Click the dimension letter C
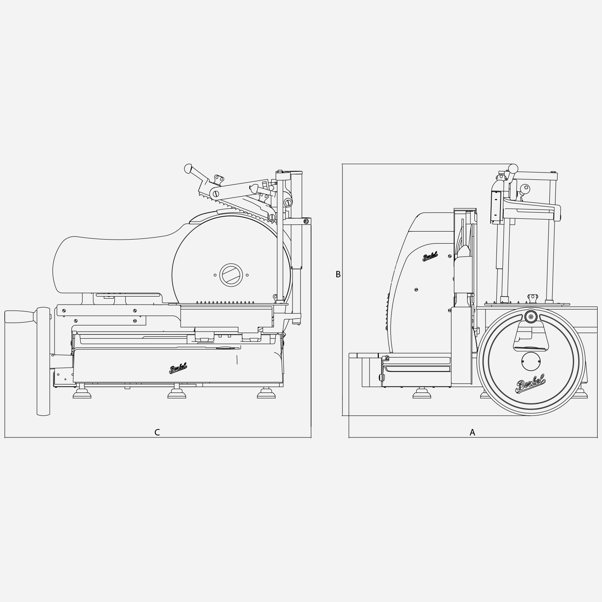click(x=157, y=432)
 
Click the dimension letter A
click(x=472, y=432)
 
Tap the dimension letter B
click(x=338, y=274)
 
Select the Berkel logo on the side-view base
click(x=178, y=368)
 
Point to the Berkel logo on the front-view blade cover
click(x=430, y=256)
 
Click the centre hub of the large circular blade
click(x=231, y=275)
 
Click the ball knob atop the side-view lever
click(x=188, y=169)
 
